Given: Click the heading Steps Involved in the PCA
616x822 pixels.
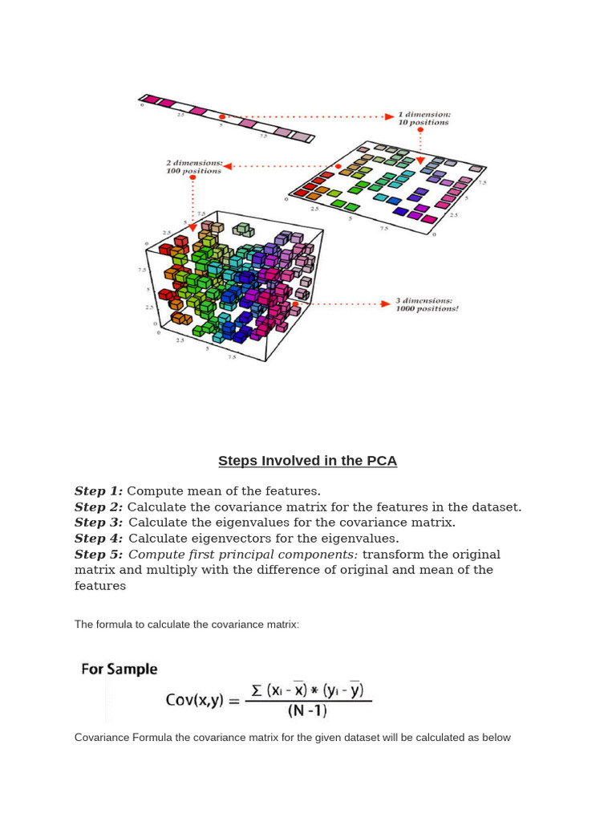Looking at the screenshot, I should (x=307, y=461).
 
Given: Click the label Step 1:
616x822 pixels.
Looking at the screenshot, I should (x=99, y=491).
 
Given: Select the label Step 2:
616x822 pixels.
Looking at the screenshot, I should (x=99, y=507).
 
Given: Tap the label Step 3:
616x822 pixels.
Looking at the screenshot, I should (x=99, y=523).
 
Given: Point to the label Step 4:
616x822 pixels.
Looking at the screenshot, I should (x=99, y=539).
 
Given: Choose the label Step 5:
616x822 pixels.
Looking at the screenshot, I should (x=99, y=555).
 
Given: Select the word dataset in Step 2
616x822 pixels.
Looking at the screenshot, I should (x=496, y=507).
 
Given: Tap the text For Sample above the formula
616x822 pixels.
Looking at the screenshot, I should (x=120, y=669).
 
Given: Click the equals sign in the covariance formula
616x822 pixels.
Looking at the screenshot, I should (x=234, y=701).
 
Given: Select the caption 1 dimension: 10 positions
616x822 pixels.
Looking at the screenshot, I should (x=423, y=119).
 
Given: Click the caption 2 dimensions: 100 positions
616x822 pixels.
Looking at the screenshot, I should (x=193, y=167).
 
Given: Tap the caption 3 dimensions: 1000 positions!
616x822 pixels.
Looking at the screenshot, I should (x=427, y=304).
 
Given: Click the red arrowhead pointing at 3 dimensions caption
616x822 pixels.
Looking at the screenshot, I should (x=386, y=304).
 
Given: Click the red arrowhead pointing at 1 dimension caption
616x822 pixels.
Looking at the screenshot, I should (x=389, y=116).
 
